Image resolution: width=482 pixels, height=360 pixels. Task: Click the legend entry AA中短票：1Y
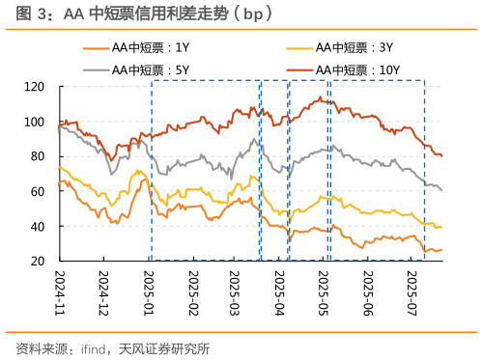(153, 45)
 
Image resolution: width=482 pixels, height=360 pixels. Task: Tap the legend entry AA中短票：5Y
(153, 69)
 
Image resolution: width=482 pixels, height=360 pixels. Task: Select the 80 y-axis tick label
(38, 156)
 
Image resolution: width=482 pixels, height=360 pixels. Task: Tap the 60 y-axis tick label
(38, 191)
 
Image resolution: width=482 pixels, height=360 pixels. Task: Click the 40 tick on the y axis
(38, 226)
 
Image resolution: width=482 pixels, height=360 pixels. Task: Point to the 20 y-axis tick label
(38, 261)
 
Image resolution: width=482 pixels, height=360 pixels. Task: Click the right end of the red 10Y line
(442, 155)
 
